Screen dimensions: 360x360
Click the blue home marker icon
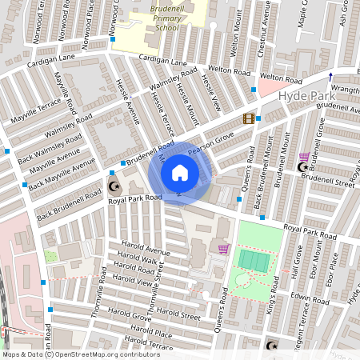180,173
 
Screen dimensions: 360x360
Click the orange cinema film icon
248,119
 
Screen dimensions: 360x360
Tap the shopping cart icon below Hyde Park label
304,158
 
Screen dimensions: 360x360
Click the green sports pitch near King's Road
254,261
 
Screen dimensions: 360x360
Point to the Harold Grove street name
132,317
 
